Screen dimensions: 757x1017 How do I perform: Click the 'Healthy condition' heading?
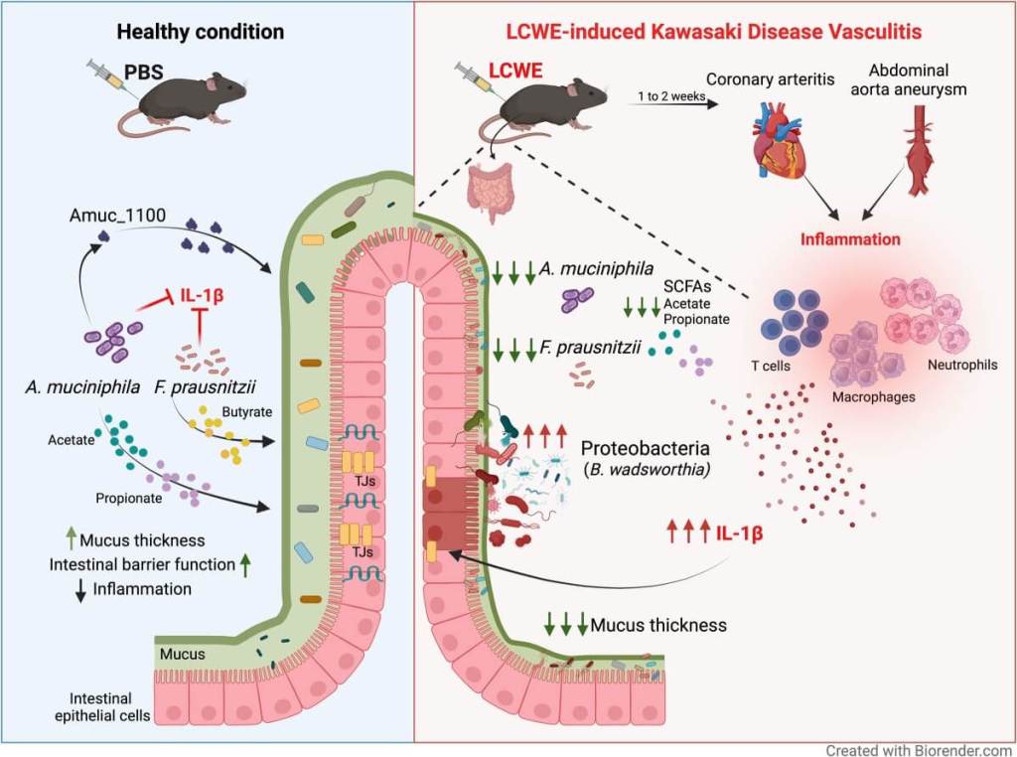tap(200, 32)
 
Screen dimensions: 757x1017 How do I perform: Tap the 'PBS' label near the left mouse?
tap(141, 71)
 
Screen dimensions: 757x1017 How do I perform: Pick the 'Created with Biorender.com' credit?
tap(919, 749)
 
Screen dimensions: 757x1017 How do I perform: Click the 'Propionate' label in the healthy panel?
tap(128, 498)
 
